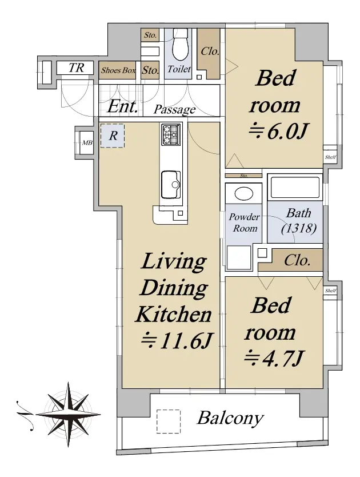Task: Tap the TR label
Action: (x=76, y=67)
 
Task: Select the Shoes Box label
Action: (x=118, y=70)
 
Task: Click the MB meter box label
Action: (x=87, y=142)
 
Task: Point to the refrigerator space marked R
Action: (x=113, y=136)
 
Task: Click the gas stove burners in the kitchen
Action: (x=171, y=135)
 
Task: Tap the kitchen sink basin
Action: (x=171, y=184)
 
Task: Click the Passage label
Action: (x=174, y=109)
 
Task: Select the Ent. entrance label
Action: (x=122, y=106)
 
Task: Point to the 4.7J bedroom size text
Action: (x=273, y=358)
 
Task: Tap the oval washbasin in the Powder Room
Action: (x=243, y=194)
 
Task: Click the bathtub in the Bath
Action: (x=295, y=187)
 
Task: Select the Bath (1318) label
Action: (x=299, y=221)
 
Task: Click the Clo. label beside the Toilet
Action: (x=210, y=51)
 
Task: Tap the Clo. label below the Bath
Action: (x=297, y=260)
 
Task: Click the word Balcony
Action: (x=230, y=418)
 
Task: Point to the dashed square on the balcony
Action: (x=169, y=421)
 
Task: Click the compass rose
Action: (x=69, y=414)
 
